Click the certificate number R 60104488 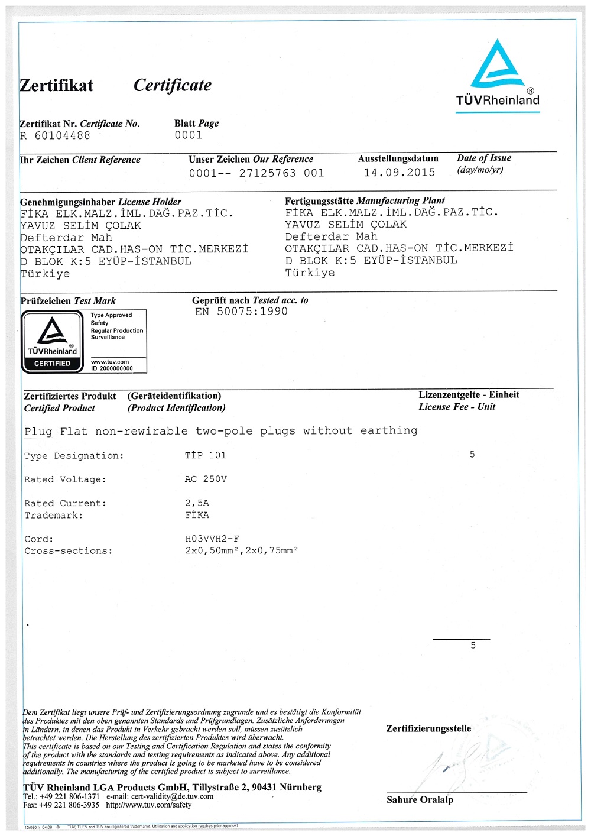coord(56,135)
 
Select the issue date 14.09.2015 coord(400,173)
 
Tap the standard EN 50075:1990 coord(241,312)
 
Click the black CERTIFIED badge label coord(52,364)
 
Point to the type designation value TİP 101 coord(206,455)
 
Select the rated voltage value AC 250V coord(206,479)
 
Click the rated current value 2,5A coord(197,503)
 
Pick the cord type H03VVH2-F coord(212,539)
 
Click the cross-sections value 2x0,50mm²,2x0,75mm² coord(241,550)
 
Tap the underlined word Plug coord(38,431)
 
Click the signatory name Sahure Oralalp coord(420,800)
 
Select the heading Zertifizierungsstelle coord(428,728)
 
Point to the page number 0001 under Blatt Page coord(189,135)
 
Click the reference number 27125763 coord(267,173)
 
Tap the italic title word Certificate coord(172,85)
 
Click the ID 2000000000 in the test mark coord(112,368)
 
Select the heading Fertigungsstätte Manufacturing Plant coord(365,201)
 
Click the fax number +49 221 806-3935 coord(69,805)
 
